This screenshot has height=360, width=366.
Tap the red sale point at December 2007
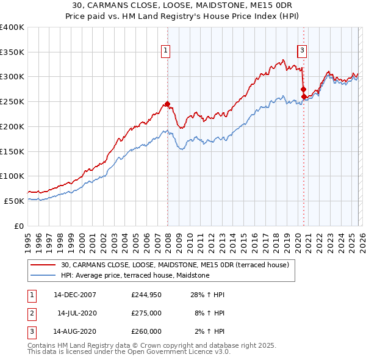click(167, 104)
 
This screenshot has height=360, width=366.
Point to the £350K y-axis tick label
click(12, 52)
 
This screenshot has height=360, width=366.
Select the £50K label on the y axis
click(15, 201)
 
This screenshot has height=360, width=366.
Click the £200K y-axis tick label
click(12, 126)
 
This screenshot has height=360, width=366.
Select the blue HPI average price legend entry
click(135, 275)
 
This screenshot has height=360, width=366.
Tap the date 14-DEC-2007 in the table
click(74, 295)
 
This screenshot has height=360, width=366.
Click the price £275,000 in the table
click(146, 313)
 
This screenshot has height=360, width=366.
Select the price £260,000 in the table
click(146, 331)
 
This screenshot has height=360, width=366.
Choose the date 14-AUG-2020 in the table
click(74, 331)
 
